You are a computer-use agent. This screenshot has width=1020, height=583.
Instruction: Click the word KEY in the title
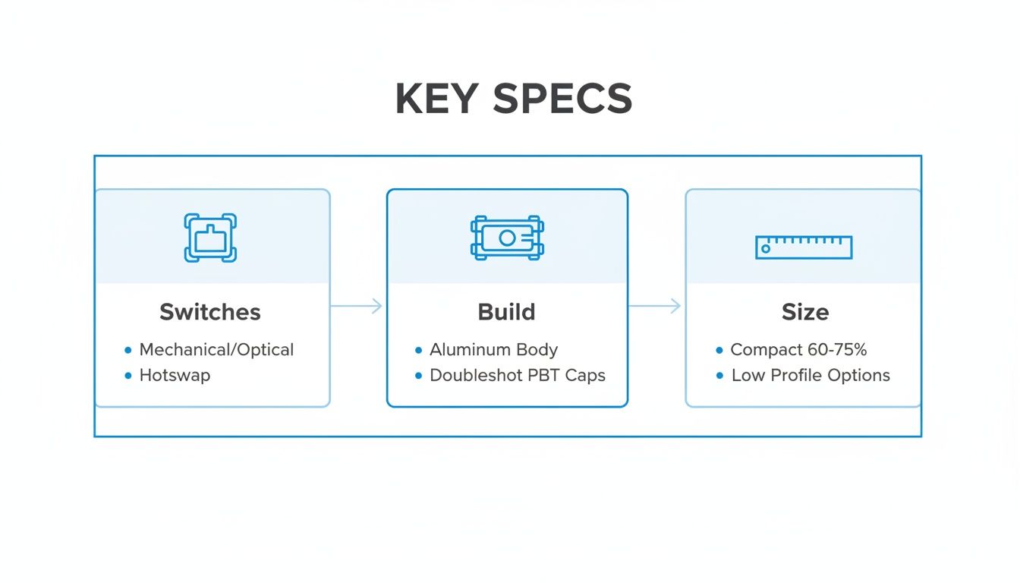point(436,99)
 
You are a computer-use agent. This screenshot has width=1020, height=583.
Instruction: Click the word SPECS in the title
point(562,99)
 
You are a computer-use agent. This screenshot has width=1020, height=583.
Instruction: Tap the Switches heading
point(210,312)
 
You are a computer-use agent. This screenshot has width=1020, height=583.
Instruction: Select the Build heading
point(506,312)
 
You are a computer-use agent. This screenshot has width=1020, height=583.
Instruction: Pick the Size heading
point(805,312)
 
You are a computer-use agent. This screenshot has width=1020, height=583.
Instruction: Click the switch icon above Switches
point(210,238)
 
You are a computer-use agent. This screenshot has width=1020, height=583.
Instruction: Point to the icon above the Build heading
point(507,238)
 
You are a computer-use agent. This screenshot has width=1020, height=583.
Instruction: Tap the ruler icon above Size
point(804,247)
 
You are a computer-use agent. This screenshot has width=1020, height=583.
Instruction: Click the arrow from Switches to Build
point(357,306)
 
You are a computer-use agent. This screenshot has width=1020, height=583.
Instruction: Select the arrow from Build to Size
point(655,306)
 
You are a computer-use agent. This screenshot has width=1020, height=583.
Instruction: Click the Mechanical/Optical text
point(216,350)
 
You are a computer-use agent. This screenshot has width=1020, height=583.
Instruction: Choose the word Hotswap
point(175,375)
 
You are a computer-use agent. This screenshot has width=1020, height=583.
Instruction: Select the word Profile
point(791,375)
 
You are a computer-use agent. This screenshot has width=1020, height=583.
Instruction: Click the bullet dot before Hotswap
point(127,375)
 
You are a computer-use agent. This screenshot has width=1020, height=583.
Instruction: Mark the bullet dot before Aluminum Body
point(418,350)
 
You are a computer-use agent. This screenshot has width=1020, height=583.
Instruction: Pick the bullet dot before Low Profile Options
point(719,375)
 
